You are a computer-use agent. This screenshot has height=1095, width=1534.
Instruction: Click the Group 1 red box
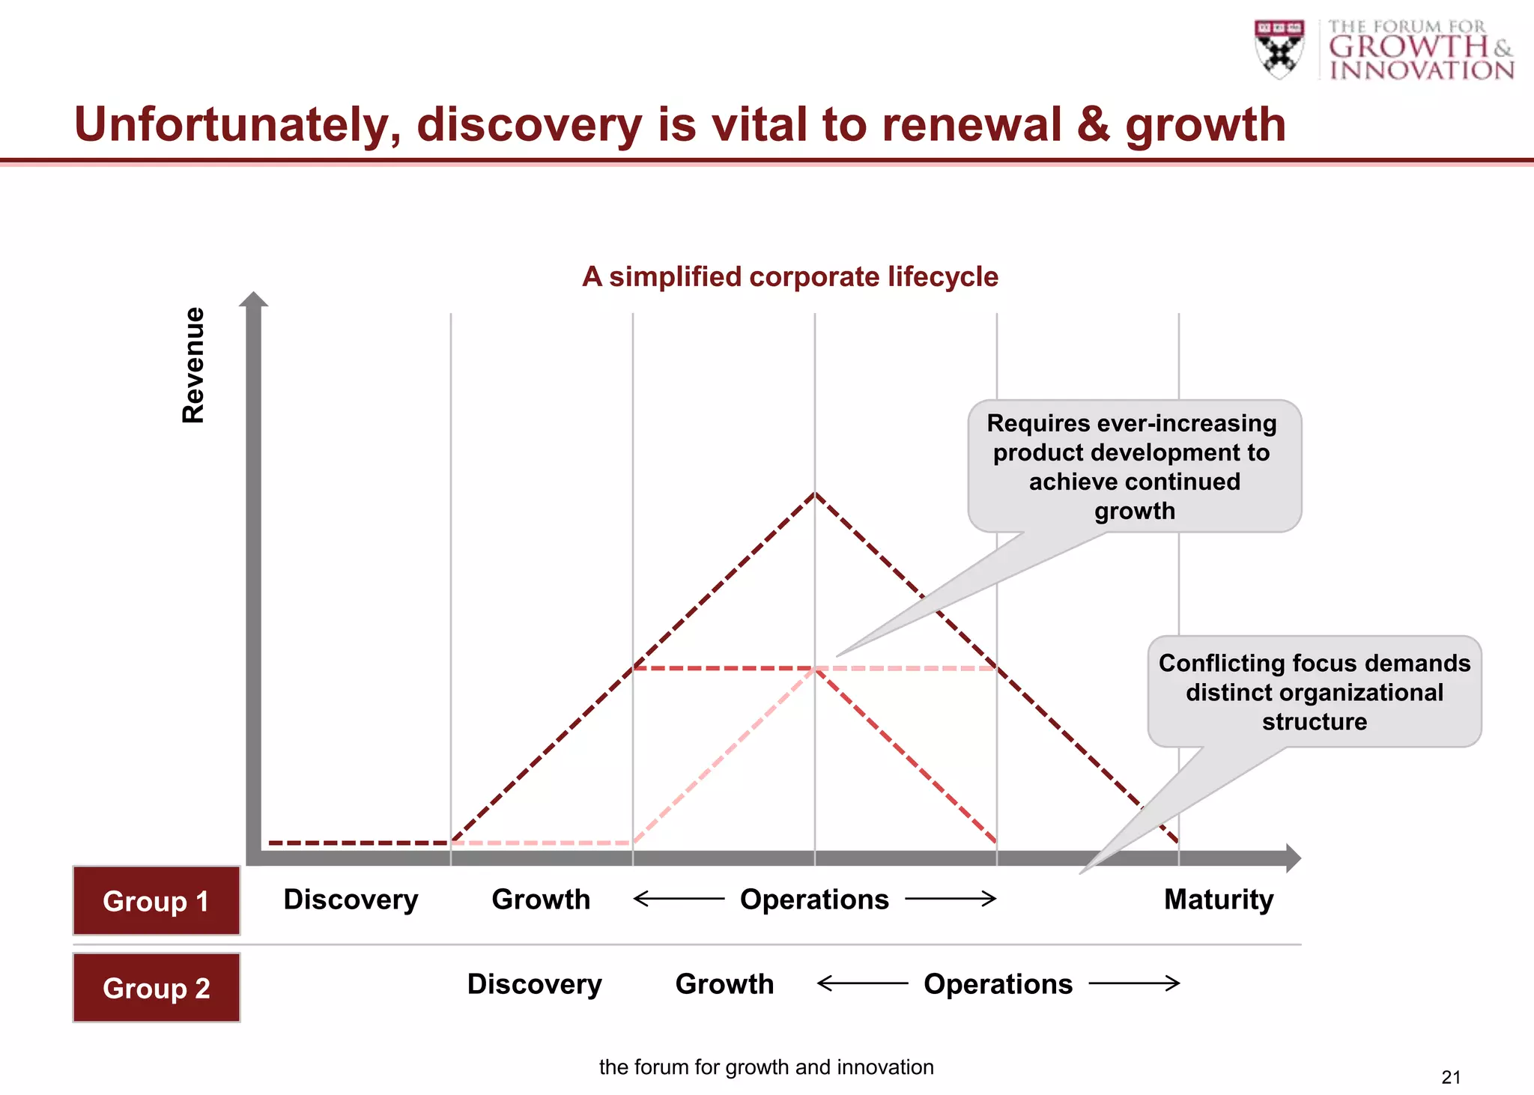156,901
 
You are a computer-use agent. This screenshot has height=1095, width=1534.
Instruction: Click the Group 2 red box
156,988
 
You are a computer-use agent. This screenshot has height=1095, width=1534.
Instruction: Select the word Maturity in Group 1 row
1219,900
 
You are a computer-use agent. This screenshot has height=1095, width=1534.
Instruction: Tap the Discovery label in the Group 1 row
351,900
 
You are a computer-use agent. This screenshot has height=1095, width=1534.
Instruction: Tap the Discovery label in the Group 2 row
534,984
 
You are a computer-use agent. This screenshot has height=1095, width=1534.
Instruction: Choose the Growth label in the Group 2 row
724,984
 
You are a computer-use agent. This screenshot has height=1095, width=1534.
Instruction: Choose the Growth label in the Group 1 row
541,900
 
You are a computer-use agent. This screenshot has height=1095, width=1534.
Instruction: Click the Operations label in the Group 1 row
814,900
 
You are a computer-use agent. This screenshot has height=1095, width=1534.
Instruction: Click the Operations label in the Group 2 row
998,984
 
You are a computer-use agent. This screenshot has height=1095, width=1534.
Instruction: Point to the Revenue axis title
193,365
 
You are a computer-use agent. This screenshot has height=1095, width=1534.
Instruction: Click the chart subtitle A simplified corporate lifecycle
790,277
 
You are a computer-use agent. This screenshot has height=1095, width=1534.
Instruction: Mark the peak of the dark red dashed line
815,494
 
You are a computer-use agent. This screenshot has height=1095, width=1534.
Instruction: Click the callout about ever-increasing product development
1134,467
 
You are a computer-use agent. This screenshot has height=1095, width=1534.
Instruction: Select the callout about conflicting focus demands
1314,692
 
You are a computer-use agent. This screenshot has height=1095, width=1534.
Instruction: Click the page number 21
1451,1077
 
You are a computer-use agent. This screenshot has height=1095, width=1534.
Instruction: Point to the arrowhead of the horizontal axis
1293,858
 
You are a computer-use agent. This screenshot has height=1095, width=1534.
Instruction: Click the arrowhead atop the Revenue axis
253,300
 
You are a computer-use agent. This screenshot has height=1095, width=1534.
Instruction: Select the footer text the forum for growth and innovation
766,1067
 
